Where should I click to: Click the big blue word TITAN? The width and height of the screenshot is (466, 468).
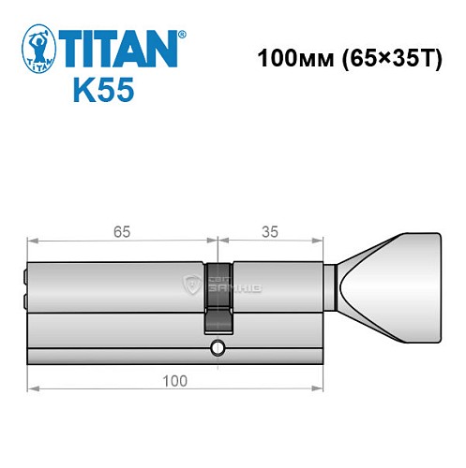tap(118, 47)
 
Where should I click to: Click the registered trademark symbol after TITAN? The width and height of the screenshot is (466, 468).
tap(182, 32)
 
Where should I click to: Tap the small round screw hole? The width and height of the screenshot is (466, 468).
tap(218, 350)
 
